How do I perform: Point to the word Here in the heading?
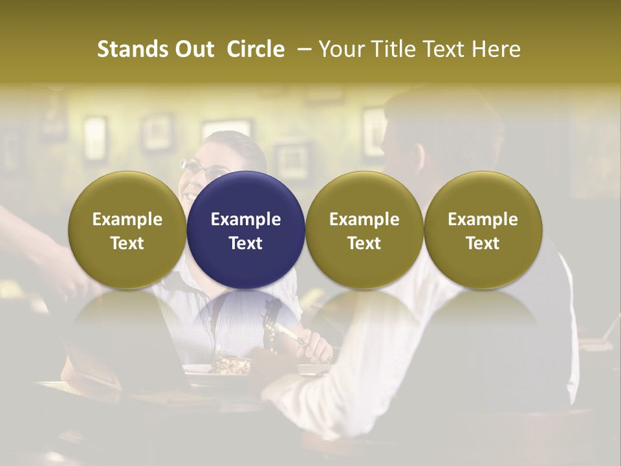(498, 49)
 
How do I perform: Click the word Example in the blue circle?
(246, 219)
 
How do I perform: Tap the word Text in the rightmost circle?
(483, 243)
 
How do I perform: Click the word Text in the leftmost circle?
(127, 243)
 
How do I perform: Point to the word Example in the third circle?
(364, 219)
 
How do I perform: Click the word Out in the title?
(191, 49)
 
